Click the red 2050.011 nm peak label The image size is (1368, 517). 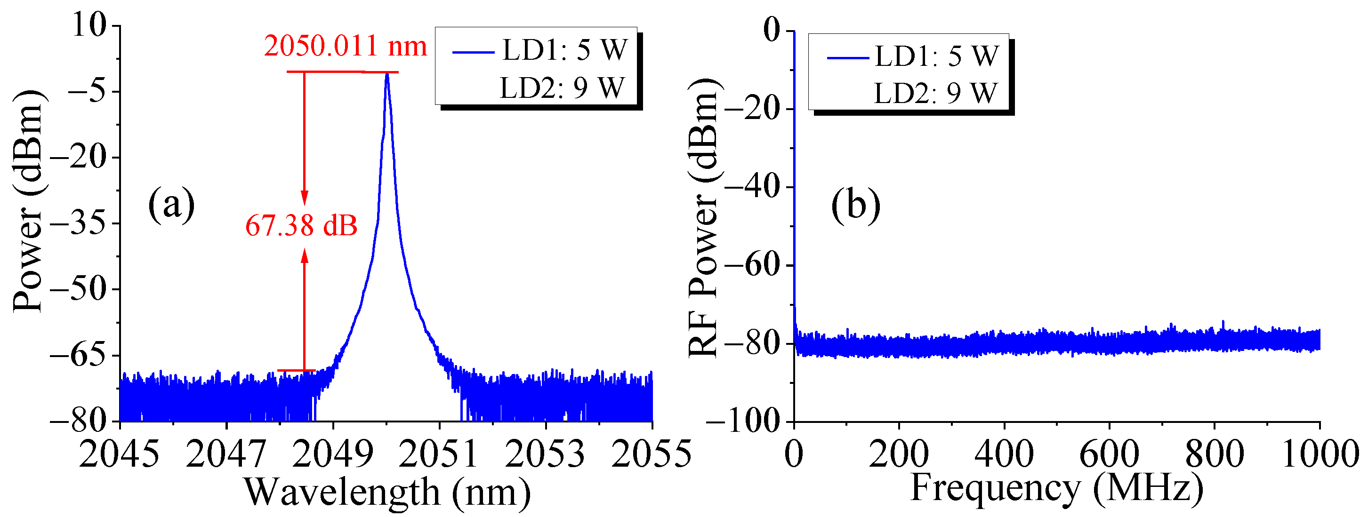[345, 46]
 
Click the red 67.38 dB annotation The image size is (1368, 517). [301, 226]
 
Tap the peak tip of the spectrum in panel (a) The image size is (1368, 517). [387, 74]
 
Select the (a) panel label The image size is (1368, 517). [171, 205]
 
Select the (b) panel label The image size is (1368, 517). [855, 205]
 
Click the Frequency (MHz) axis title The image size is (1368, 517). [1057, 487]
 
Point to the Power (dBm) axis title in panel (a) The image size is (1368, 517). [28, 202]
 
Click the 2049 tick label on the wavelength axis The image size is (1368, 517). [332, 454]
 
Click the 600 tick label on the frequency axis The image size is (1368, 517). [1109, 454]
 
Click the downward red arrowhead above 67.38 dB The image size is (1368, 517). [304, 199]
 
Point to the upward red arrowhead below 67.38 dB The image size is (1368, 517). [304, 256]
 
